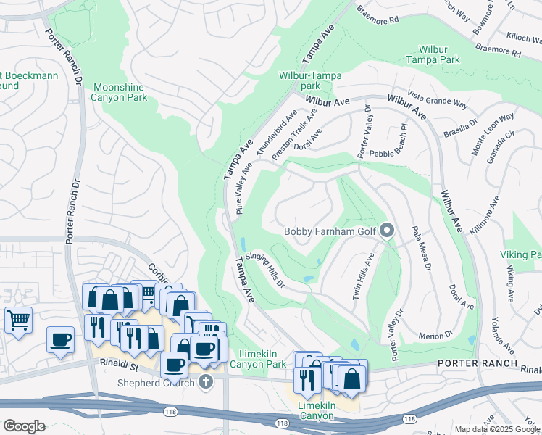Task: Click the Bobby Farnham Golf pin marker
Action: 387,231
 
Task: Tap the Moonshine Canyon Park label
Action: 119,92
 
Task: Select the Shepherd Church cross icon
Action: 206,381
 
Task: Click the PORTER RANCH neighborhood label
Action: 478,363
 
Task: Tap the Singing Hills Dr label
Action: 265,268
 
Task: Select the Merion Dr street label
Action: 436,335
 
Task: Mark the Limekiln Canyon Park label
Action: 253,359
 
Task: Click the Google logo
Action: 24,426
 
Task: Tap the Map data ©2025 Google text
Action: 496,429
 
